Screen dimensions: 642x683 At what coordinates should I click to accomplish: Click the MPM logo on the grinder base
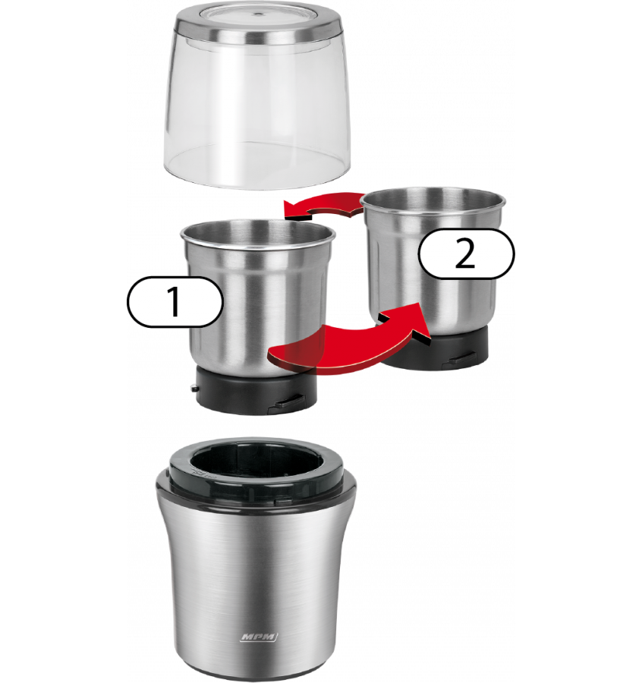[259, 637]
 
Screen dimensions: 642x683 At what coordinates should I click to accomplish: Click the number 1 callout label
[175, 301]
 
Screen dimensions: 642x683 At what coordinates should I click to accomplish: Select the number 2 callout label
[466, 254]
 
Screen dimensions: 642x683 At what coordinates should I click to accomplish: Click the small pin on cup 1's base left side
[194, 388]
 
